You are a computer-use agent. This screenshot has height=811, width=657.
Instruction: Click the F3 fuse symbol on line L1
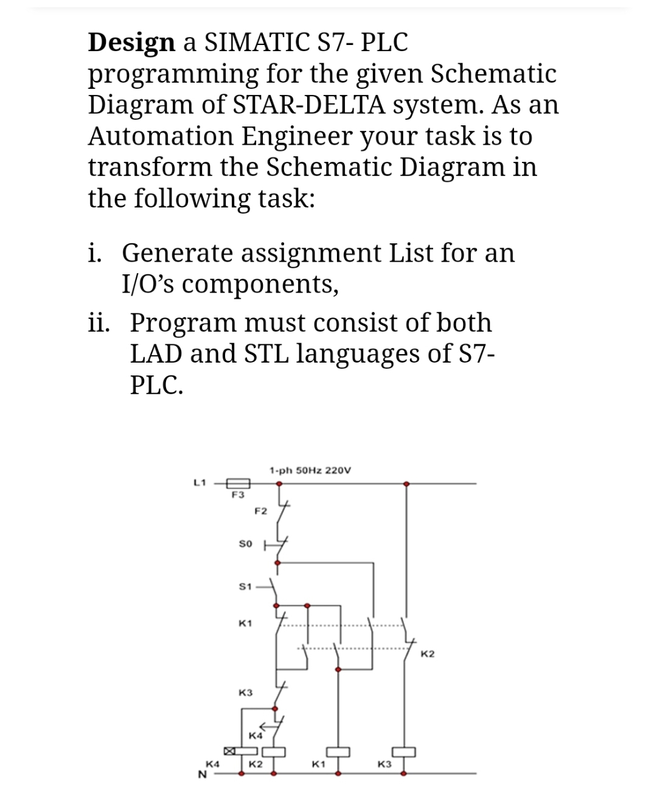point(236,483)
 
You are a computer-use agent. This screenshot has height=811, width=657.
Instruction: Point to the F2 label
point(260,511)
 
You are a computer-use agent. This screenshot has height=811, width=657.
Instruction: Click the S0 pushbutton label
point(245,543)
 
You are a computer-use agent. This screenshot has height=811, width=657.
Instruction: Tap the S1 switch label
point(245,586)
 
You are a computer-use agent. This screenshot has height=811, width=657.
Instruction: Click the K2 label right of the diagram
point(428,654)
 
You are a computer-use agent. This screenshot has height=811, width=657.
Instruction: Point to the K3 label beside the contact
point(246,693)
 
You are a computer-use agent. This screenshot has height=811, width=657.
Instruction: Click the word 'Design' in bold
point(131,43)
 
